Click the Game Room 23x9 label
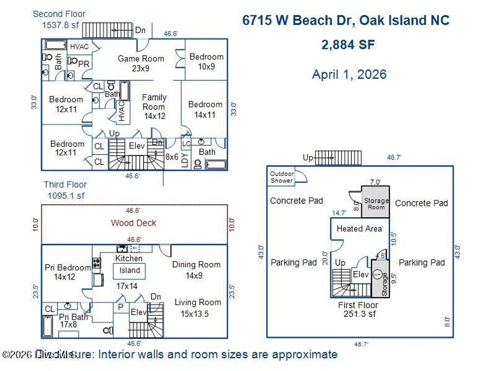point(141,63)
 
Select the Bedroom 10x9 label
point(206,61)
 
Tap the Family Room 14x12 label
point(154,107)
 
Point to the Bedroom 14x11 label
point(205,109)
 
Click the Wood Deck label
point(133,223)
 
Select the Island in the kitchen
point(130,271)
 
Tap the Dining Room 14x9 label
point(196,270)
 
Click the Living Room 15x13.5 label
point(198,307)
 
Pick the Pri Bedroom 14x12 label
point(67,272)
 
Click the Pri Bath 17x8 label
point(73,321)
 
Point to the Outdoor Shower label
point(281,177)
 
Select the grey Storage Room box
point(376,203)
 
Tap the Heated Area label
point(359,228)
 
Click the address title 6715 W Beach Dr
point(345,20)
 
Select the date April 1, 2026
point(349,74)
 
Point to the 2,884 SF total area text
point(348,45)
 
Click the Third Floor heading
point(65,185)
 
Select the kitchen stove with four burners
point(97,263)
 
